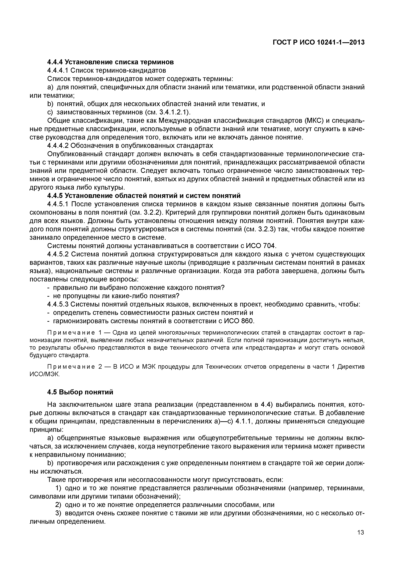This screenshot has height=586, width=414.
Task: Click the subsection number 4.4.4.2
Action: coord(58,146)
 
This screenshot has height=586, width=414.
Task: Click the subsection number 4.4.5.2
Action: coord(58,254)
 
